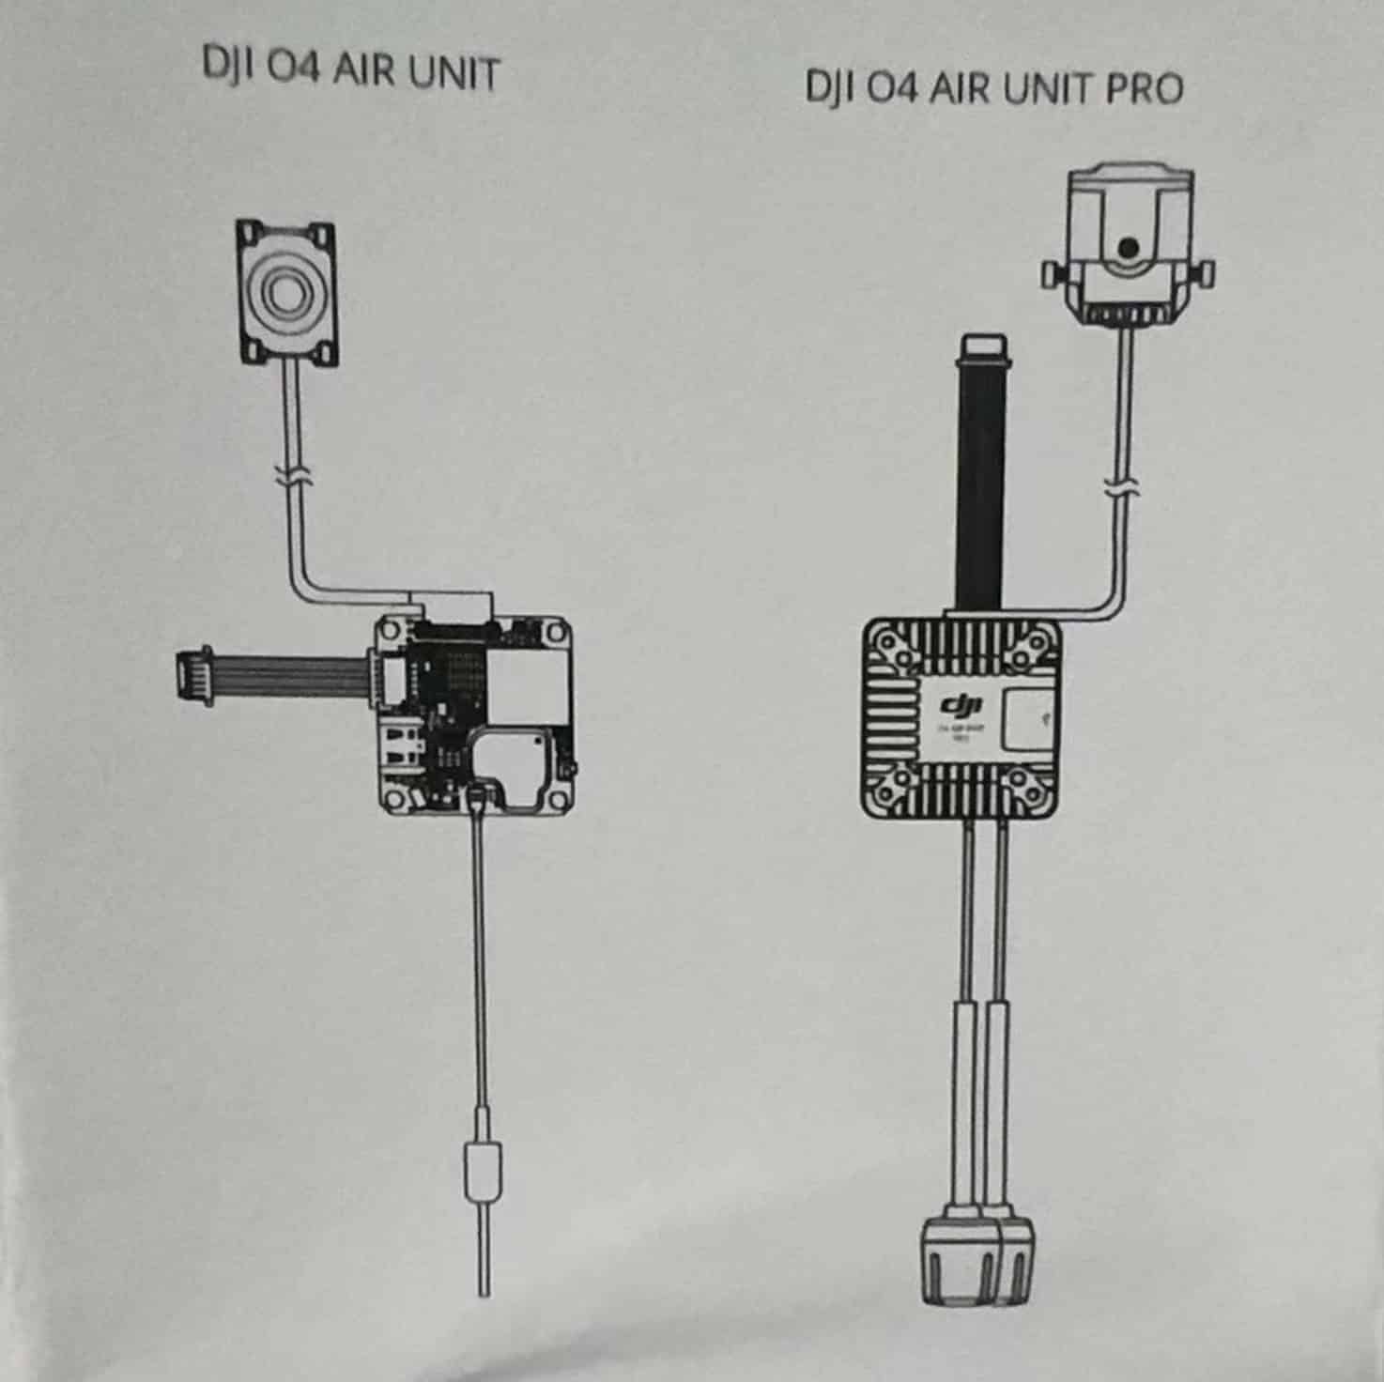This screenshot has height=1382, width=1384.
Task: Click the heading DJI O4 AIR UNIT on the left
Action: [350, 73]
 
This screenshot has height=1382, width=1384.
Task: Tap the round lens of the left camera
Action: [284, 292]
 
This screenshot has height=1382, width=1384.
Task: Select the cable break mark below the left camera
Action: [293, 476]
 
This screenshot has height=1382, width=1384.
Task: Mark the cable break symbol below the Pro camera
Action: [1120, 491]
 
